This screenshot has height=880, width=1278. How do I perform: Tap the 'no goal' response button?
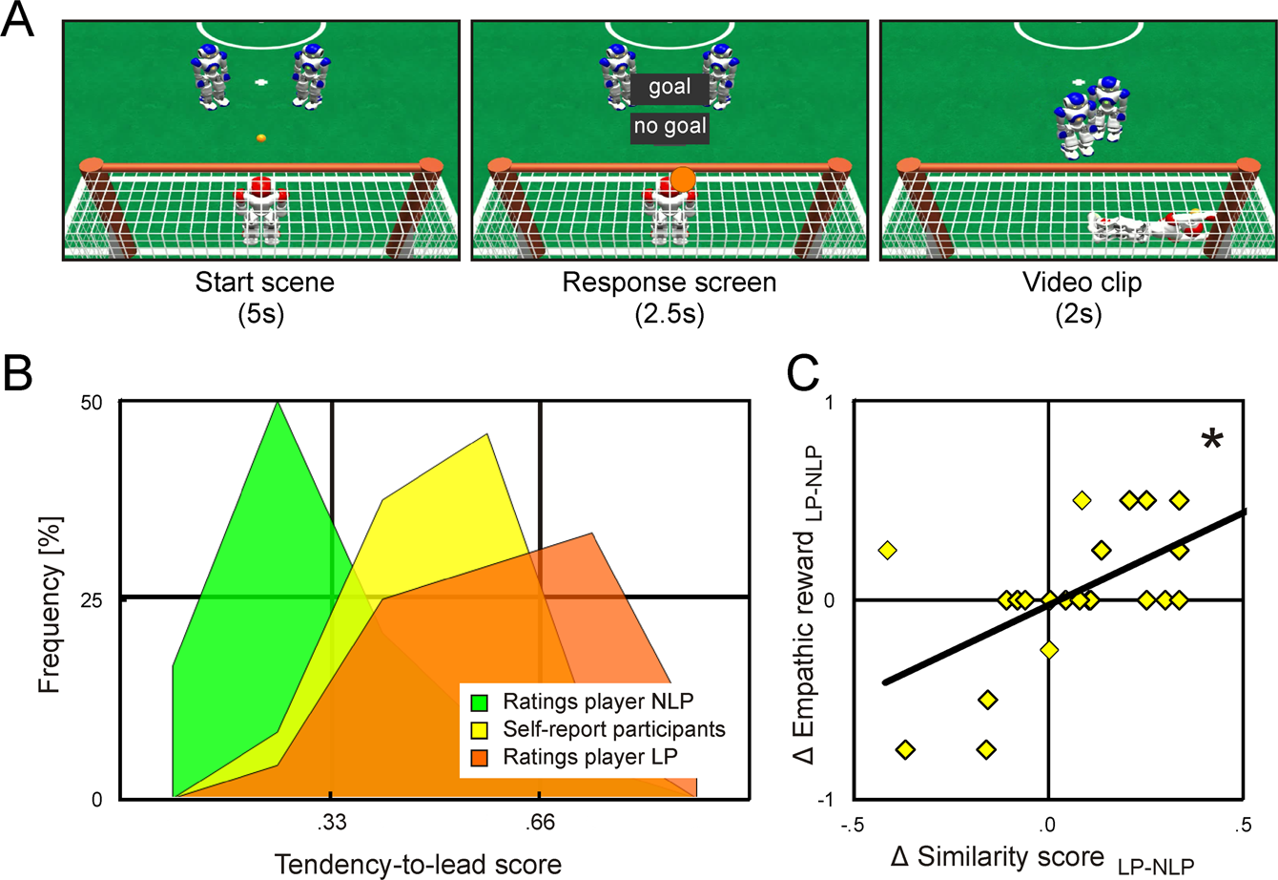669,127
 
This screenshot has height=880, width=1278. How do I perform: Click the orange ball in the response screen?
683,178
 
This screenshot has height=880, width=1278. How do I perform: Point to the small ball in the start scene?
260,139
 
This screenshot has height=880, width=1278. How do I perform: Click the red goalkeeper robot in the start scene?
261,212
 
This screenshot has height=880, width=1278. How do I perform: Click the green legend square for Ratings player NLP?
482,702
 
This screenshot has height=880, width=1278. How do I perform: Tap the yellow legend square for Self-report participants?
482,730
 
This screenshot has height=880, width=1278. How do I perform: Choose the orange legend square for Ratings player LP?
482,759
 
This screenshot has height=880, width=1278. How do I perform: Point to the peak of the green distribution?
278,403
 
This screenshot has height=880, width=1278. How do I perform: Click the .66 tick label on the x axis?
540,823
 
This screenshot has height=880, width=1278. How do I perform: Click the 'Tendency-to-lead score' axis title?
418,863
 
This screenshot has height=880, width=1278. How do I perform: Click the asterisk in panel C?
1212,441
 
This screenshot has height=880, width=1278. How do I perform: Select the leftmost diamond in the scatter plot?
888,550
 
